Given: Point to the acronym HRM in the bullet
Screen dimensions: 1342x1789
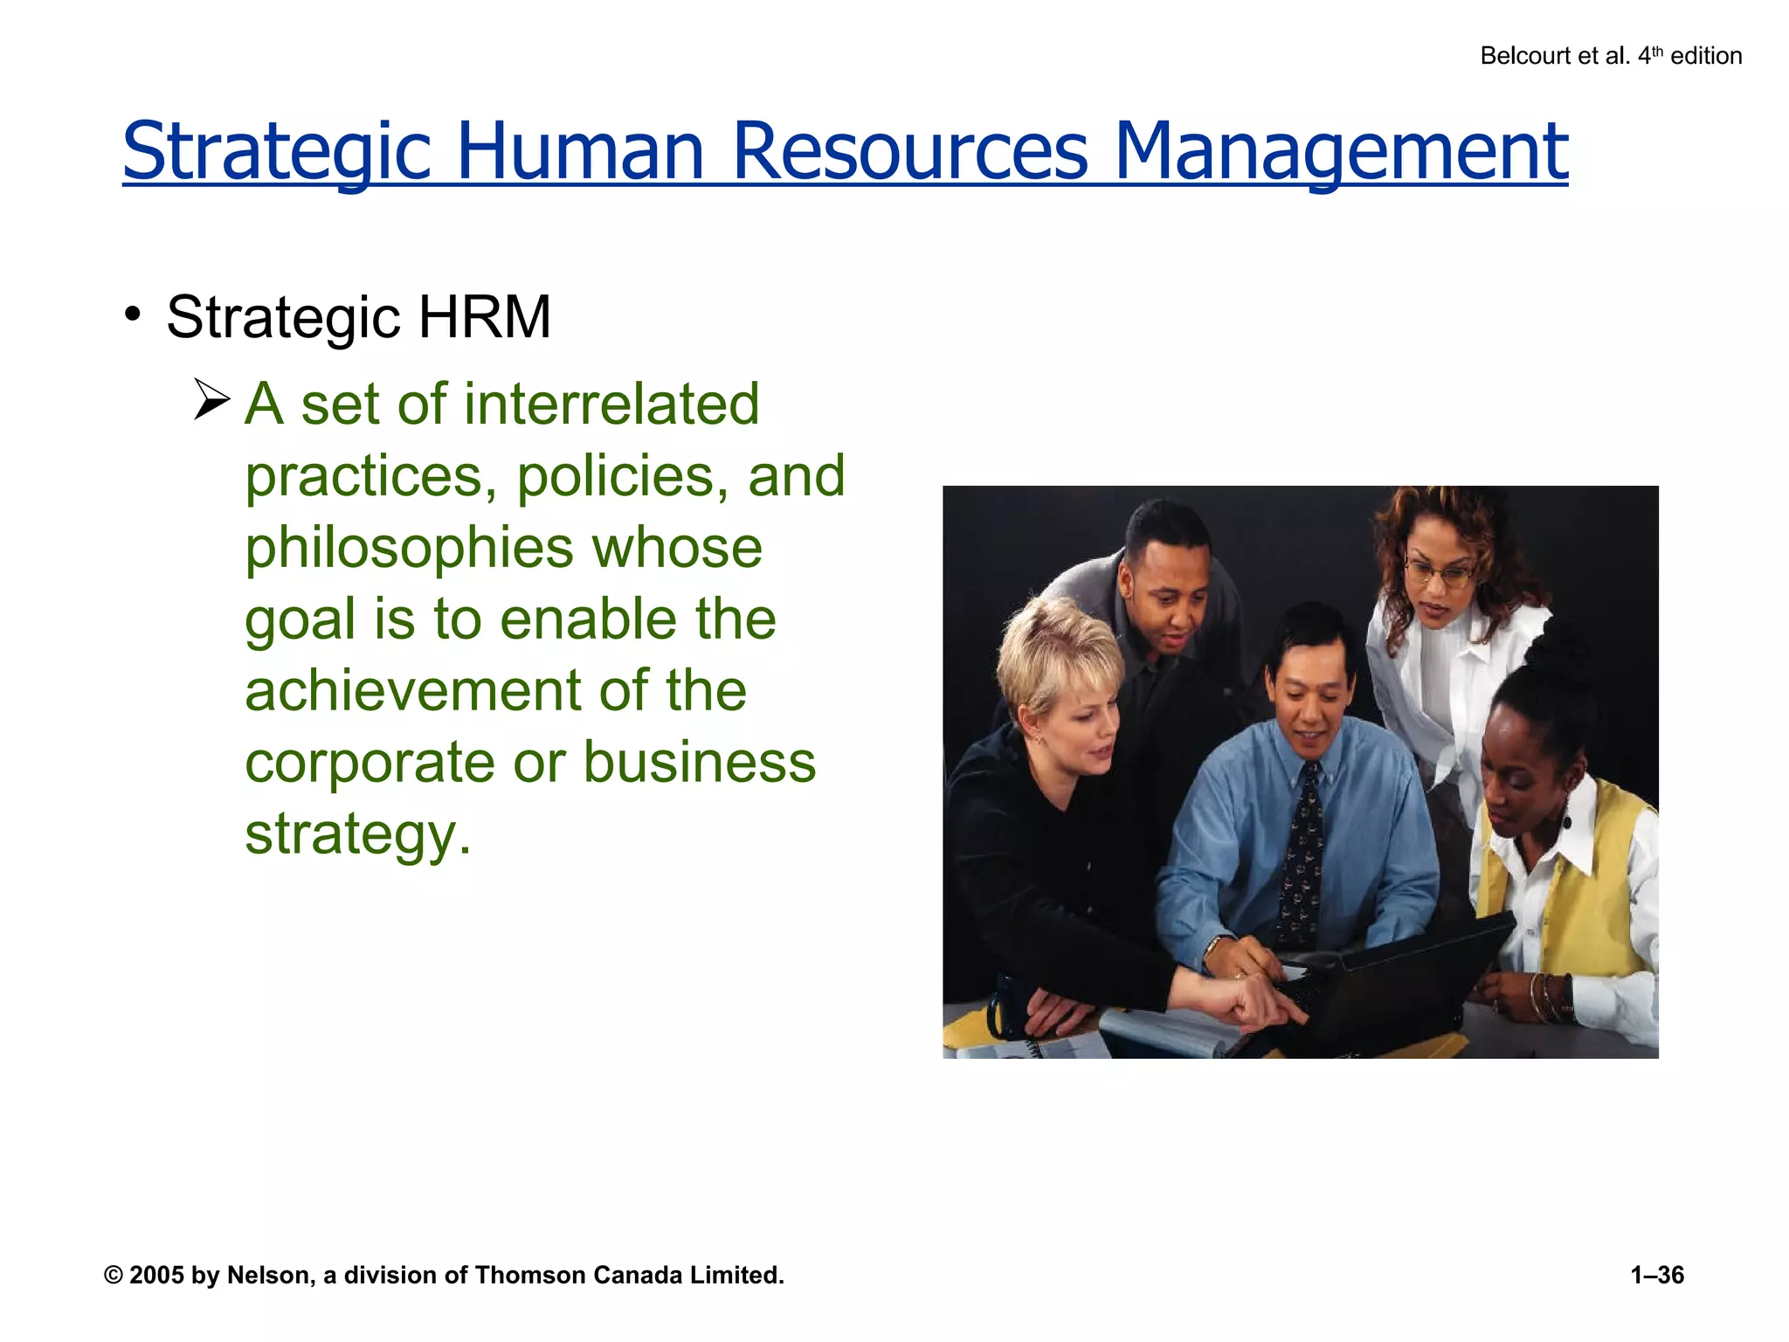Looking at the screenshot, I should pyautogui.click(x=484, y=316).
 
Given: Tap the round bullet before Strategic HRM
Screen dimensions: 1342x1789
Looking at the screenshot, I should pyautogui.click(x=133, y=314).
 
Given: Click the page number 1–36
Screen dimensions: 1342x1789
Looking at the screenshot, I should pyautogui.click(x=1656, y=1276).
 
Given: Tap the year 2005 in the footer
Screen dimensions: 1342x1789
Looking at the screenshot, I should pyautogui.click(x=156, y=1276).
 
